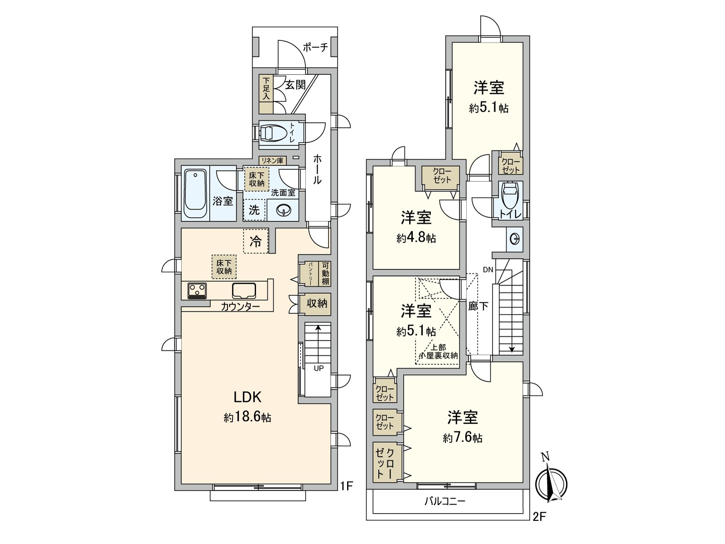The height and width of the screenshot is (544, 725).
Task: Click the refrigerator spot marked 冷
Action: coord(256,241)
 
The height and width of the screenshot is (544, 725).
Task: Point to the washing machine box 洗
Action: coord(254,210)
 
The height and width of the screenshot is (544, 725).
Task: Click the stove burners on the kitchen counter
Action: coord(197,291)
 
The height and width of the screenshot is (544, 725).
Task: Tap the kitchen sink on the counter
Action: coord(244,290)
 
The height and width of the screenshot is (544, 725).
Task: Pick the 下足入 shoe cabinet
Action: coord(266,88)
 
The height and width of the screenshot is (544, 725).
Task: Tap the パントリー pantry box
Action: coord(311,274)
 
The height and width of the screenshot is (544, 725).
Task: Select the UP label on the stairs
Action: coord(319,368)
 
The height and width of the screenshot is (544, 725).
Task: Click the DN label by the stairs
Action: coord(488,270)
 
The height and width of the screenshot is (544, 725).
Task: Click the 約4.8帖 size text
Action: coord(416,238)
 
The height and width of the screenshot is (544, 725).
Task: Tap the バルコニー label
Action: coord(445,501)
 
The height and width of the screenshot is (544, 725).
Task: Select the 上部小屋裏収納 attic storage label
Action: coord(438,352)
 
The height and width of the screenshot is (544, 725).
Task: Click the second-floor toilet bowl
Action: coord(510,196)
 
